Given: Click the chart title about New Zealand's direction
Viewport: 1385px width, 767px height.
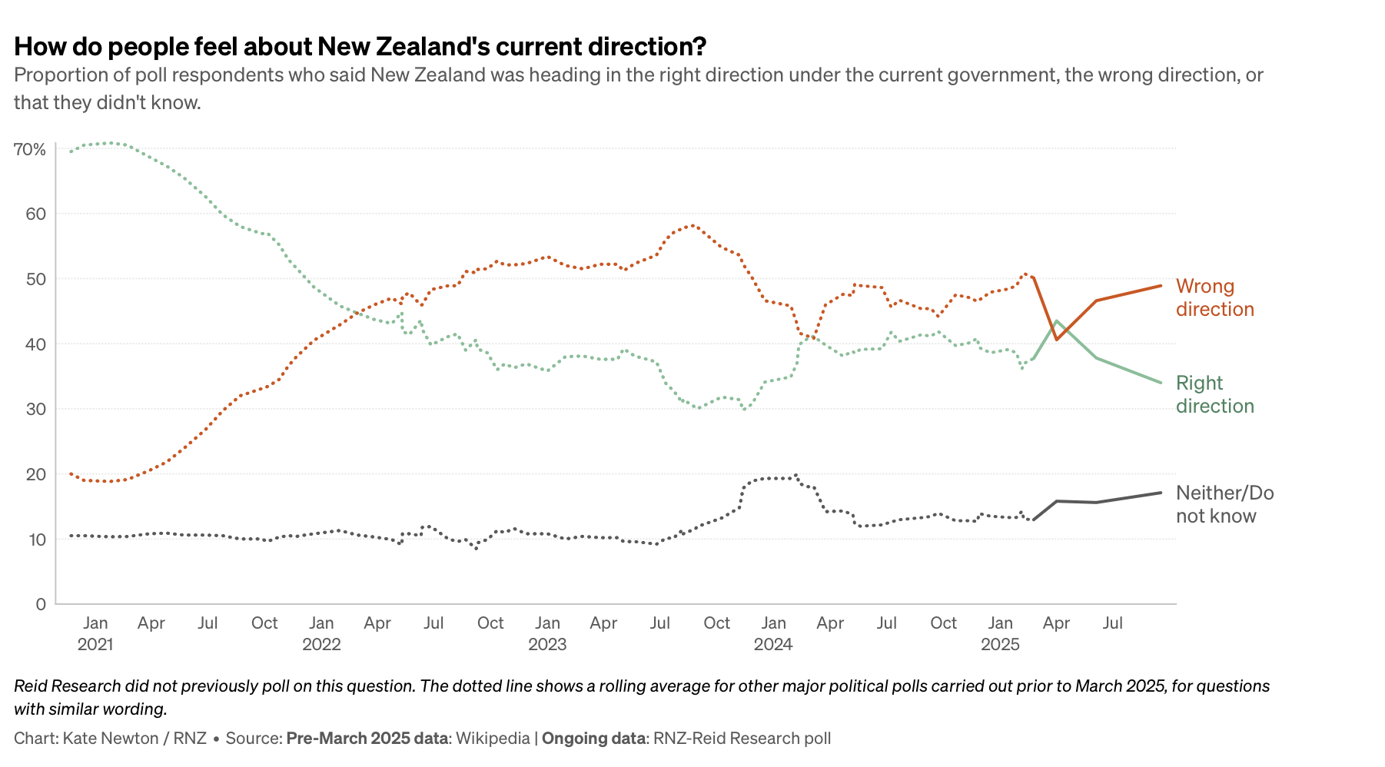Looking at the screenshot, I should pos(360,47).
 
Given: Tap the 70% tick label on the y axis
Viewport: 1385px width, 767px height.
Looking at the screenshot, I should pos(30,149).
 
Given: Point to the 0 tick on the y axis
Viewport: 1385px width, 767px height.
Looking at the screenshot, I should pos(41,604).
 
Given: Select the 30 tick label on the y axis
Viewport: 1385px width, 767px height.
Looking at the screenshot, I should pos(35,409).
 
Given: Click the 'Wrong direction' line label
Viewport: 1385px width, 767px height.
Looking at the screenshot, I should pos(1214,297).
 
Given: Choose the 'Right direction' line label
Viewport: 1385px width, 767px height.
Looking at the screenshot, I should pos(1214,394).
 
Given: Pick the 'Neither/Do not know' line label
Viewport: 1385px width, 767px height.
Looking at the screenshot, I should pos(1224,504).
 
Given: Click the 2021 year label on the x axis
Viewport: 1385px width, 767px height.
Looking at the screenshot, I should pos(95,644).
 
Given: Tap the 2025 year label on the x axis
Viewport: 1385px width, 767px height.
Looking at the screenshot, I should pos(1000,644).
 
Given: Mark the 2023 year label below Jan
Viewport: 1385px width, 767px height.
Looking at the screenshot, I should pos(547,644).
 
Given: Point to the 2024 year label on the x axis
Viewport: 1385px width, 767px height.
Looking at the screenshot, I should pos(773,644).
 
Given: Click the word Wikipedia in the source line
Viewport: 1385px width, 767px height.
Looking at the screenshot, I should pos(493,739).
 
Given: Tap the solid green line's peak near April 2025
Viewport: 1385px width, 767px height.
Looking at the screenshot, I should pos(1057,321).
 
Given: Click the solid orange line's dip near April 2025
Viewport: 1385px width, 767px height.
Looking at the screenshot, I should pos(1057,339).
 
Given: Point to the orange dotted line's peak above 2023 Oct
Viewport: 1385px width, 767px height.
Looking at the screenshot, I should pos(692,225).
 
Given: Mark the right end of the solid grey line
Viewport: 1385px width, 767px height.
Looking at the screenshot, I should pos(1161,493).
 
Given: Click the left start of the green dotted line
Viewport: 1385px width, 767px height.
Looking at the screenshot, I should pos(71,151).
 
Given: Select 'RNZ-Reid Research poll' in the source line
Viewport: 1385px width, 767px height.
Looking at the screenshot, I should pos(742,739).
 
